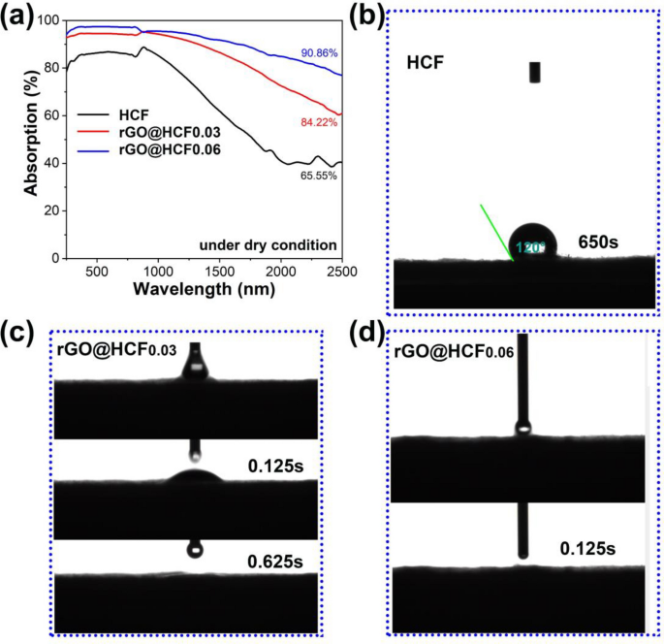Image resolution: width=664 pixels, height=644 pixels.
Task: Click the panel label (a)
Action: [x=21, y=16]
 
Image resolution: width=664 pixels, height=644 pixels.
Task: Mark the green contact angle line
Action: [x=495, y=232]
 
